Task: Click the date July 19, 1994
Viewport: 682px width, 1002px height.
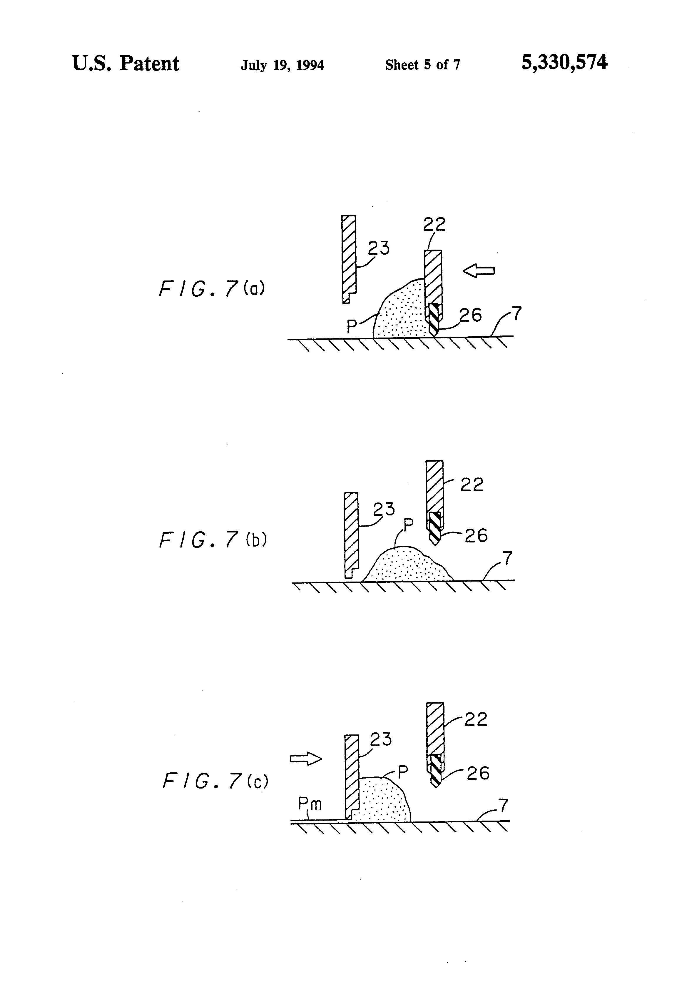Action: (283, 65)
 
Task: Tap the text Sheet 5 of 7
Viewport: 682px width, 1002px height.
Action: (422, 65)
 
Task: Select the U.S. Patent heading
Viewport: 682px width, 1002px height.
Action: (125, 64)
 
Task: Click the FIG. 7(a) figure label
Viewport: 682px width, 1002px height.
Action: (212, 288)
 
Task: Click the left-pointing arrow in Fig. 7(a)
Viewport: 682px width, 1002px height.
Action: (479, 271)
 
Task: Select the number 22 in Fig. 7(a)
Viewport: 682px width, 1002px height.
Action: (434, 224)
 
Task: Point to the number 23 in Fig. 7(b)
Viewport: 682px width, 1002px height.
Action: (384, 509)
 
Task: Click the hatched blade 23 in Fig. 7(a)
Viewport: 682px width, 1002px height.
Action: (348, 259)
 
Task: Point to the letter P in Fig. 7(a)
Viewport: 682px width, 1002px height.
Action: (352, 326)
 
